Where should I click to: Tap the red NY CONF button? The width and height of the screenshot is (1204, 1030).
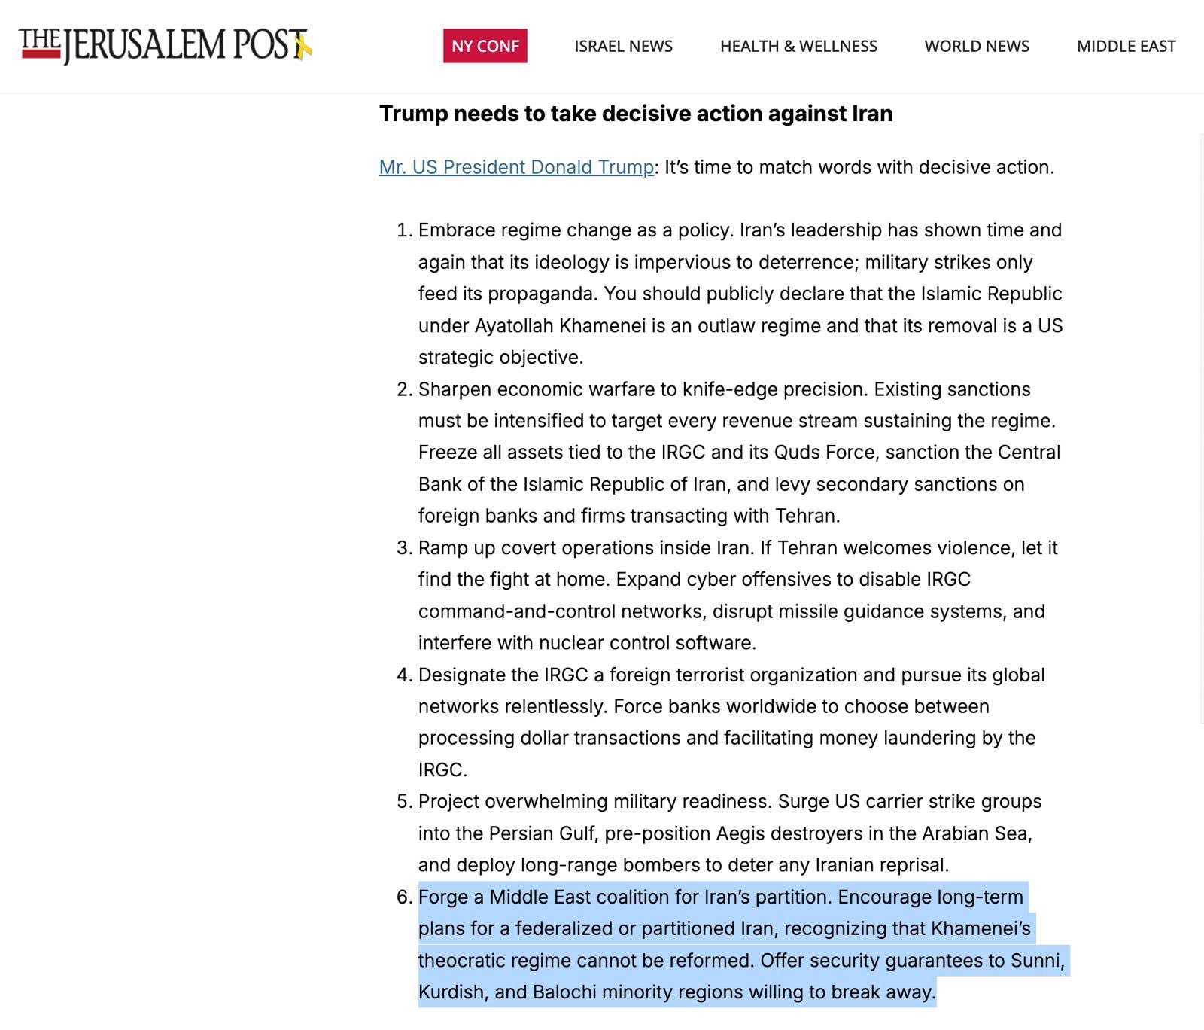coord(485,46)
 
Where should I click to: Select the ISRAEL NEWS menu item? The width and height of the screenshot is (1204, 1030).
coord(623,46)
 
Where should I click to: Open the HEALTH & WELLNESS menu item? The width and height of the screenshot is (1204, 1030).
coord(798,46)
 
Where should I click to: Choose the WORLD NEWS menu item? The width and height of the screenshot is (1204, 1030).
coord(977,46)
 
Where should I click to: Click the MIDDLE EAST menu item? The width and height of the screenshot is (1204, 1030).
coord(1126,46)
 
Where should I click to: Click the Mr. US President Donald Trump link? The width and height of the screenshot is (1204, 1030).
coord(516,167)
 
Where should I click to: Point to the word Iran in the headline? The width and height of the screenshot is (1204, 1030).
coord(872,114)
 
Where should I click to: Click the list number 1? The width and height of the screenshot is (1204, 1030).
coord(403,230)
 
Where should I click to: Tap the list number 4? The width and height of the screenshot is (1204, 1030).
coord(403,675)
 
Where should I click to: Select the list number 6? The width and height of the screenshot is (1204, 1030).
coord(403,897)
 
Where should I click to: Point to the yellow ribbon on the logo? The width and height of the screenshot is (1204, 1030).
coord(303,47)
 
